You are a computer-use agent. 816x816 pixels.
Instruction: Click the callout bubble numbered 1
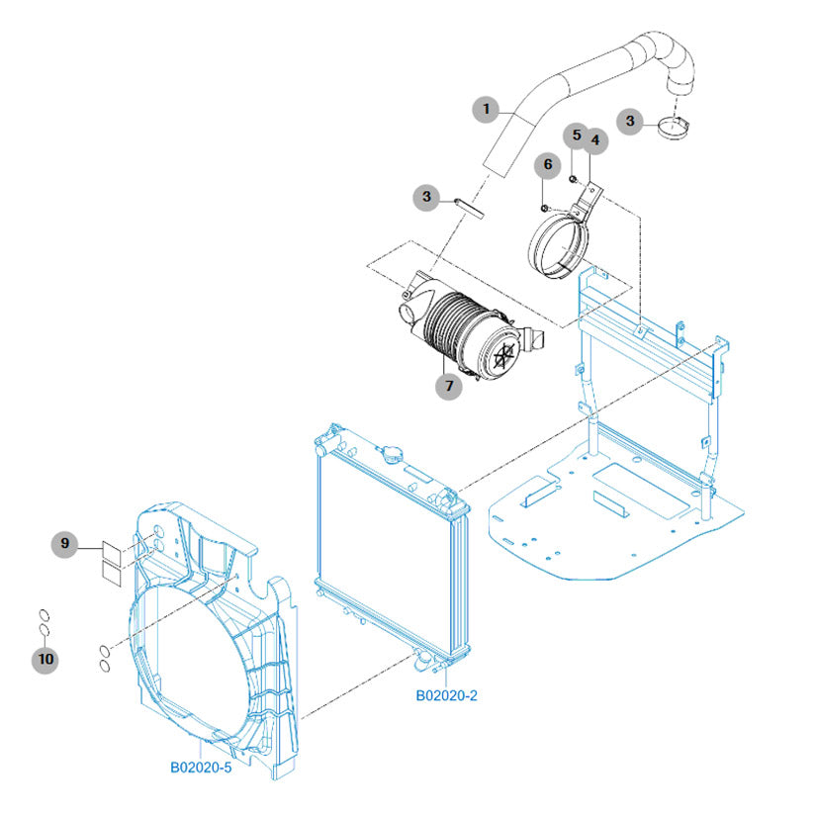(485, 109)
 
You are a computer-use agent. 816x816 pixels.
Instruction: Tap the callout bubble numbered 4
(594, 141)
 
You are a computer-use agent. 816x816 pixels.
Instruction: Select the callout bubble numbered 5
(576, 134)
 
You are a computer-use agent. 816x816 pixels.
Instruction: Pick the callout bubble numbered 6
(546, 163)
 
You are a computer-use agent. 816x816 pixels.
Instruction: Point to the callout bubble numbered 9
(64, 543)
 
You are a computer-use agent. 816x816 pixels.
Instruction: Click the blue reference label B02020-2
(446, 695)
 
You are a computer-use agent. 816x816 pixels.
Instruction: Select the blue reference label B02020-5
(201, 766)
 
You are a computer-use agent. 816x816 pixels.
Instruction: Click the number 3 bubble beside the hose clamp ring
(631, 121)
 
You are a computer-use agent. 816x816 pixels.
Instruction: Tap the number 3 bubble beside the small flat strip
(426, 198)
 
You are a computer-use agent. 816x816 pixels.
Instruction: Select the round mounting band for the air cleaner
(559, 243)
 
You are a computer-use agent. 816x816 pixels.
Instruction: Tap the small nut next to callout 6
(545, 207)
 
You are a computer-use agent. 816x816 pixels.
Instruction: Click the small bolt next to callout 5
(574, 178)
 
